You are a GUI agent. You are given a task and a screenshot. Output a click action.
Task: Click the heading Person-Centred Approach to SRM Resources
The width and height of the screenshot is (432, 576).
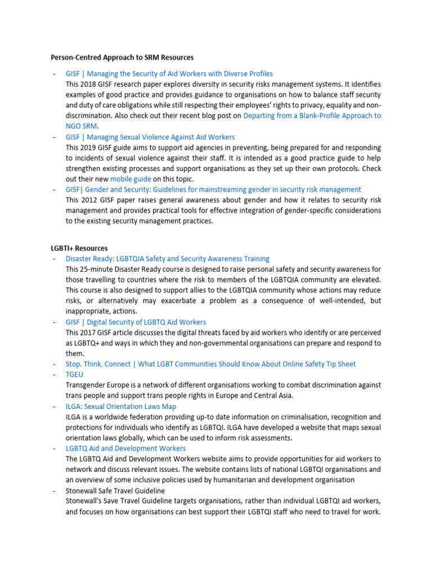(x=122, y=57)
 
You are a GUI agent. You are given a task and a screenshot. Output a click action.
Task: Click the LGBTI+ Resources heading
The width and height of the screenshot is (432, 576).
(x=79, y=248)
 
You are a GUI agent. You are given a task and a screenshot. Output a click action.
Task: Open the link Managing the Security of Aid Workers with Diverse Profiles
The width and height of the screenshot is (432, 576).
(x=169, y=74)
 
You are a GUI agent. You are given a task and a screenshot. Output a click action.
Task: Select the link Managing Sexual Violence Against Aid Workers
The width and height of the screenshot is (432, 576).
(x=150, y=137)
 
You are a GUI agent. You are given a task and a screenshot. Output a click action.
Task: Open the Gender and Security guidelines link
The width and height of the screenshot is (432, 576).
(x=213, y=190)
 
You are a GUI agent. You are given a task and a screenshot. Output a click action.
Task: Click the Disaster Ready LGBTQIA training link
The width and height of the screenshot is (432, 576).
(x=168, y=259)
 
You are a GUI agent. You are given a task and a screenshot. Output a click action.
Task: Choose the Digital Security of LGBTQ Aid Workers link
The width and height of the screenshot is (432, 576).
(x=136, y=322)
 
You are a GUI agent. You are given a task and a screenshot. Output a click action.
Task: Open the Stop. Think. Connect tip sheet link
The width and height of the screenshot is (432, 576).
(x=210, y=364)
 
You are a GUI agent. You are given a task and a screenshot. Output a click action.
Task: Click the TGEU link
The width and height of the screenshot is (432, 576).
(x=74, y=375)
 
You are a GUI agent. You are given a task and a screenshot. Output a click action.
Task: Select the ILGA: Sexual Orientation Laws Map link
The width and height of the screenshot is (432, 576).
(x=121, y=406)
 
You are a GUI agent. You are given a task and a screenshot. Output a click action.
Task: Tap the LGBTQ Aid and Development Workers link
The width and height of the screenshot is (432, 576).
(x=125, y=448)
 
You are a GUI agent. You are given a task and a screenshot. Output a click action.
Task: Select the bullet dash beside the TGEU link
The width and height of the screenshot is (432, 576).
(x=53, y=375)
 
